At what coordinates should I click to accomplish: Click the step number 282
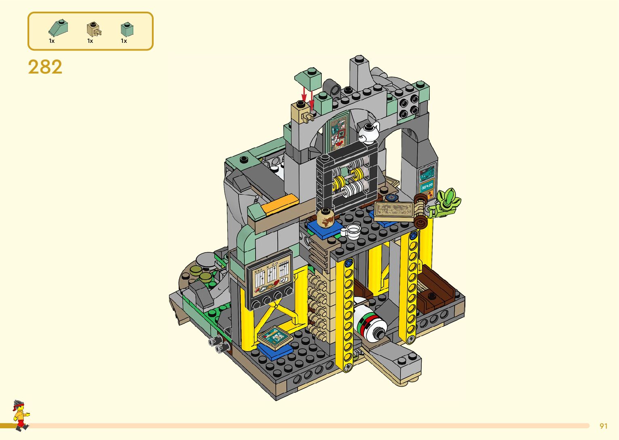tap(45, 67)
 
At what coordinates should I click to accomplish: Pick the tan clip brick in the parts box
tap(94, 29)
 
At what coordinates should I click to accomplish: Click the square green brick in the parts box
tap(127, 29)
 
